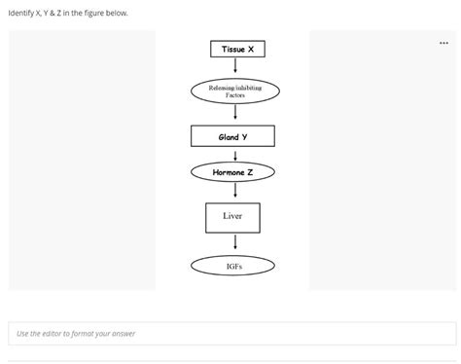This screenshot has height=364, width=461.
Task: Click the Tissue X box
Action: point(236,49)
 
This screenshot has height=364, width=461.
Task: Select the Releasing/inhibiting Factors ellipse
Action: point(234,91)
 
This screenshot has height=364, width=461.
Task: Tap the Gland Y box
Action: point(232,136)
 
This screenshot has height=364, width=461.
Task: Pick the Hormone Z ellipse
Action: point(232,172)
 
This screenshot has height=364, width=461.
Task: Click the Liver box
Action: point(232,217)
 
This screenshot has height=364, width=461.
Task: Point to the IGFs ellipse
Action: point(232,265)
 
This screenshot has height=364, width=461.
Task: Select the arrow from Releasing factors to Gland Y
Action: point(233,115)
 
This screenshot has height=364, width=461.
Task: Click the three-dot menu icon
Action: point(444,43)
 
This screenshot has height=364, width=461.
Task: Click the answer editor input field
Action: point(230,334)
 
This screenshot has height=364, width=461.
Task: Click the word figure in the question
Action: point(95,14)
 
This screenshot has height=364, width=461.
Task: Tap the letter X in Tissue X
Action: point(251,49)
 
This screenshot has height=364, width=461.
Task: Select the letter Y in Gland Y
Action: point(244,137)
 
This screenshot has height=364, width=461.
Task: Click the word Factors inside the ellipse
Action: point(234,95)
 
